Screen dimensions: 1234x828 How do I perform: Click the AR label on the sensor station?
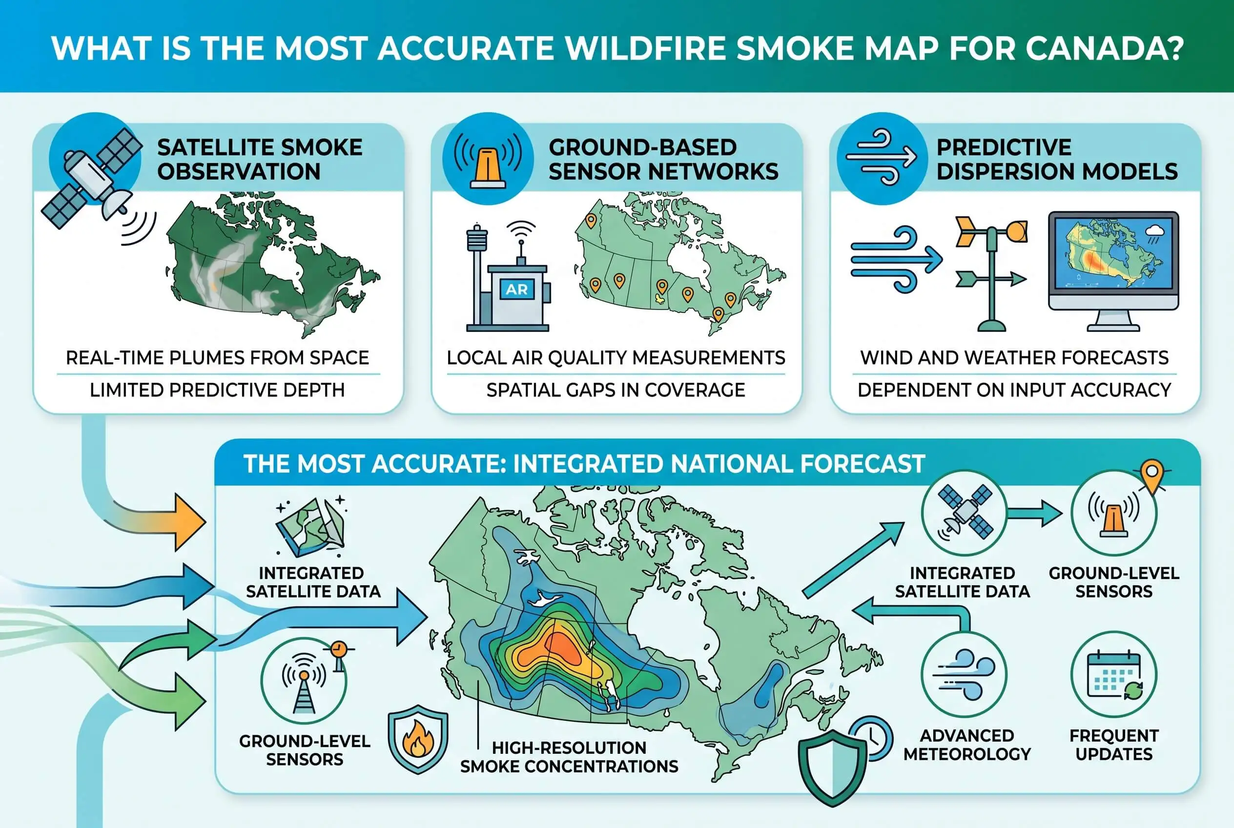(516, 290)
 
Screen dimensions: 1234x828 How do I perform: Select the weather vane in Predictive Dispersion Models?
(991, 272)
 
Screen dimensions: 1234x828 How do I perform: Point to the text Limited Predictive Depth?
(217, 390)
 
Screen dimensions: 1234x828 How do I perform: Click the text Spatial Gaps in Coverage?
(616, 390)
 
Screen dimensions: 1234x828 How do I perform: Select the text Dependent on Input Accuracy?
(1014, 390)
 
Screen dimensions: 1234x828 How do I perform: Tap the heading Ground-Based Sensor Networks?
(663, 159)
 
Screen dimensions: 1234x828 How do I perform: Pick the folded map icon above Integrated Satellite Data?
(311, 526)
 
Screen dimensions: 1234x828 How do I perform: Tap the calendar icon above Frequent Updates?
(1114, 675)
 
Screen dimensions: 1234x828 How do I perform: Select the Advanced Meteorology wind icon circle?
(964, 675)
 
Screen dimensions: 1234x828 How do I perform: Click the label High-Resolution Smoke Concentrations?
(569, 757)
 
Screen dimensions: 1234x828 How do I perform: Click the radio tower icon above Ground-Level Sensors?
(304, 681)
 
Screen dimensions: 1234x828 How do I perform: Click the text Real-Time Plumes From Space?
(217, 358)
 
